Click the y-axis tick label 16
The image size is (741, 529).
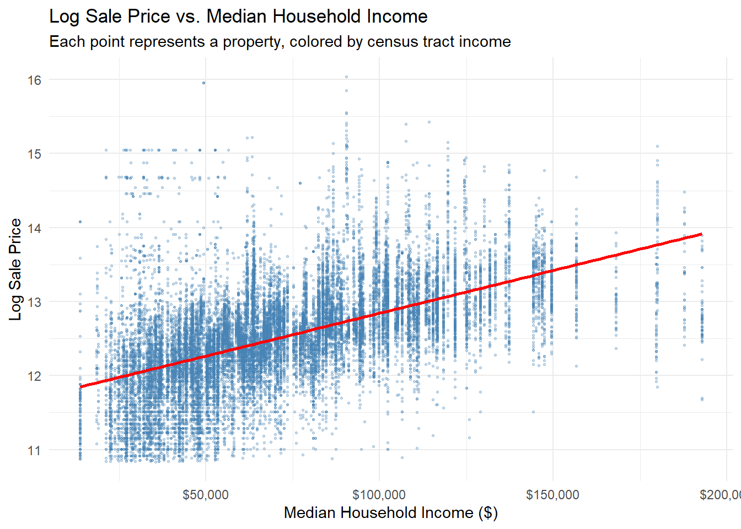click(x=34, y=80)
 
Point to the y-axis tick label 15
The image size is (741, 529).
click(x=34, y=154)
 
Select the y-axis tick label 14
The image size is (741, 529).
click(x=34, y=228)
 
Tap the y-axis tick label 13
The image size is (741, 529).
click(x=34, y=302)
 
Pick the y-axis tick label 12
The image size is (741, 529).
click(x=34, y=376)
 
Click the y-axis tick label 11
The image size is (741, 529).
click(x=34, y=450)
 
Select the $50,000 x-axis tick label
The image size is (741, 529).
click(x=205, y=494)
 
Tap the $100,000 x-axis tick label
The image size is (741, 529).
click(x=379, y=494)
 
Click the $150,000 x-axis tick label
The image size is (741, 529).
click(x=552, y=494)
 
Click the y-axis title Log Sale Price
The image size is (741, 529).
click(x=15, y=269)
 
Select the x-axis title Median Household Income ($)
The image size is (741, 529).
click(x=390, y=512)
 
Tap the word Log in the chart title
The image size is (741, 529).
click(x=64, y=17)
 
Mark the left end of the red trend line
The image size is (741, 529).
click(x=80, y=387)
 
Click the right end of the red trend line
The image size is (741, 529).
click(x=701, y=234)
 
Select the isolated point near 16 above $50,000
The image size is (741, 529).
click(x=203, y=83)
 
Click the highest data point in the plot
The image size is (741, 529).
click(x=346, y=77)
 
